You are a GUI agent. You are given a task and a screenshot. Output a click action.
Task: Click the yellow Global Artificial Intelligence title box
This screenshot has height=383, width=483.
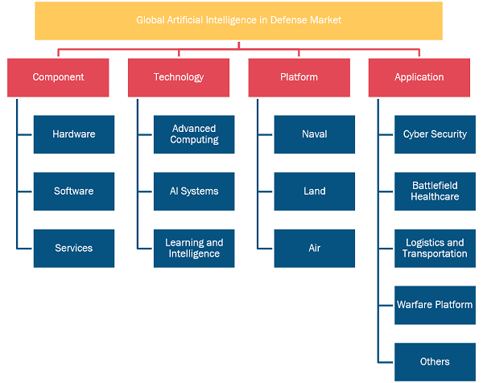click(x=239, y=21)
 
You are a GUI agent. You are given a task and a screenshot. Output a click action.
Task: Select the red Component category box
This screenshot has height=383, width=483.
click(x=58, y=77)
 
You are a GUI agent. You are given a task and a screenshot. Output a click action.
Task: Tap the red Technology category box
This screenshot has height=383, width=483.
click(x=179, y=77)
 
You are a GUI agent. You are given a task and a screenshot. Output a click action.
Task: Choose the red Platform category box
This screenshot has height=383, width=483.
click(x=299, y=77)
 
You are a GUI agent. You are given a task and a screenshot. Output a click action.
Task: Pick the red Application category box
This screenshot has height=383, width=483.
click(x=419, y=77)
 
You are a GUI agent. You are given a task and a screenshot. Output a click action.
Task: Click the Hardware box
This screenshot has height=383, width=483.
click(x=74, y=134)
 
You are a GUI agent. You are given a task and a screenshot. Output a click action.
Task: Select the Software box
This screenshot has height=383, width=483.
click(x=74, y=191)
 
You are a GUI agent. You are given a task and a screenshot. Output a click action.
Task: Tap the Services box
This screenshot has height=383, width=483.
click(x=74, y=249)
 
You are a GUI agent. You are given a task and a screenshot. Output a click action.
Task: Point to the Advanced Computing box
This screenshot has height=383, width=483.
click(x=194, y=134)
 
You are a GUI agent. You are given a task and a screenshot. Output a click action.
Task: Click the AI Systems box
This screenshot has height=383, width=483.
click(x=194, y=191)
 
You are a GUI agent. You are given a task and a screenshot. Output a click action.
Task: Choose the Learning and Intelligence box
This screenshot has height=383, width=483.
click(x=194, y=249)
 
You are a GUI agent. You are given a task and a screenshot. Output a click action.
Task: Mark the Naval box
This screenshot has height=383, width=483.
click(x=315, y=134)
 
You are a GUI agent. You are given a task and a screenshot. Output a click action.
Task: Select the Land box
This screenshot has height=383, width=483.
click(x=315, y=191)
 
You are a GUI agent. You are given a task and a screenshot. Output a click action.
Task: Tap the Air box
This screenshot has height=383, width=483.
click(x=315, y=249)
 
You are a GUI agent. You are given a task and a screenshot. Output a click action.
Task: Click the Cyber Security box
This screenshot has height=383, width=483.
click(x=435, y=134)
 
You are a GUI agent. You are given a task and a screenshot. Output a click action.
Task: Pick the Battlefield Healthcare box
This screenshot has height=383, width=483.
click(x=435, y=191)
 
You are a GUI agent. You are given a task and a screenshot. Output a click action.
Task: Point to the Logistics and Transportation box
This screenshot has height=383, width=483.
click(x=435, y=249)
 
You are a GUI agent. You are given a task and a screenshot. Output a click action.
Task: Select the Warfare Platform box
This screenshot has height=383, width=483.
click(x=435, y=306)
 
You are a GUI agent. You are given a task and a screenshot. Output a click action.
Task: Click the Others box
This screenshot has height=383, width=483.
click(x=435, y=362)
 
